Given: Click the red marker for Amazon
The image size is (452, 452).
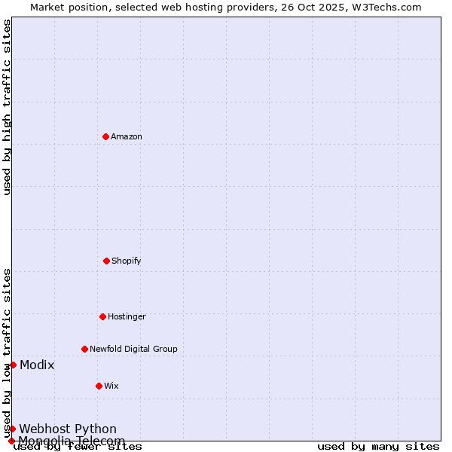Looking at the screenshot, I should tap(105, 136).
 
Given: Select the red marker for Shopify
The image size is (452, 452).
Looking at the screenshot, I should tap(106, 261).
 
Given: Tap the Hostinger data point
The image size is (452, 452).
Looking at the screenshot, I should tap(102, 316).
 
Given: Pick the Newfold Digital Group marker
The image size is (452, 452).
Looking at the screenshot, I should tap(84, 349).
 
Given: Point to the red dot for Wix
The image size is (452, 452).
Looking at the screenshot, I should tap(99, 386).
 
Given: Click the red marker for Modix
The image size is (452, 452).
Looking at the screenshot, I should tap(13, 365).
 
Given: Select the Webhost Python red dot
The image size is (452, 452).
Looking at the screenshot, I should tap(13, 429).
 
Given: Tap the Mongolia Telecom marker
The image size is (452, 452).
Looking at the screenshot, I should tap(11, 441).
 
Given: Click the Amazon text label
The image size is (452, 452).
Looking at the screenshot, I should tap(127, 136).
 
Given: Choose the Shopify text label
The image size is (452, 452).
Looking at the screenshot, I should tap(127, 261).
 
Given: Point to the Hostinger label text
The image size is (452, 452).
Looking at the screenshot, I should tap(127, 316).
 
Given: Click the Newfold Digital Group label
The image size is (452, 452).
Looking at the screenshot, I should tap(133, 349).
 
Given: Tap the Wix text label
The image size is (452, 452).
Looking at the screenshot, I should tap(111, 386).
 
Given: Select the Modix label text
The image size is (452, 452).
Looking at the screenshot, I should tap(37, 365).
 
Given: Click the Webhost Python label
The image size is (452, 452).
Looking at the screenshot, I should tap(68, 429).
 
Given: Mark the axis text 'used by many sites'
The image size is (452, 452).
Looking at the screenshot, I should tap(378, 446).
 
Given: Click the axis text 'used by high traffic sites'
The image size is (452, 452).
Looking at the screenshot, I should tap(7, 107).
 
